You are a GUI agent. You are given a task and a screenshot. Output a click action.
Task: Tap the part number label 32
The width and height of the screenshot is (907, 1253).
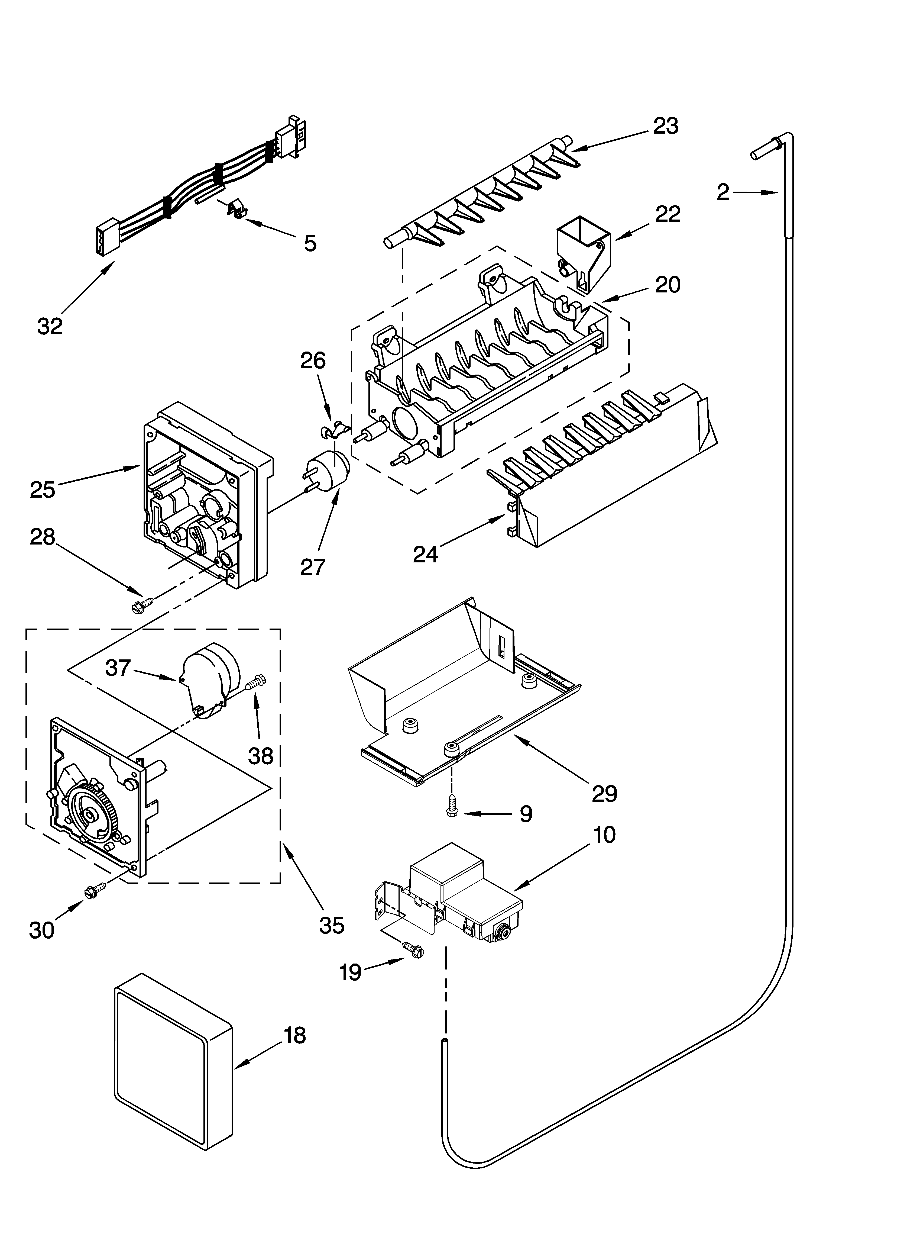click(x=50, y=326)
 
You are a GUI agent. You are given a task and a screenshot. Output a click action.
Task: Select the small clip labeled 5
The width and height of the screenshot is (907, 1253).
click(x=236, y=210)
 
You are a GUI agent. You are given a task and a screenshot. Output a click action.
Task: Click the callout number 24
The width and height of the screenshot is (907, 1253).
click(x=425, y=553)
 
